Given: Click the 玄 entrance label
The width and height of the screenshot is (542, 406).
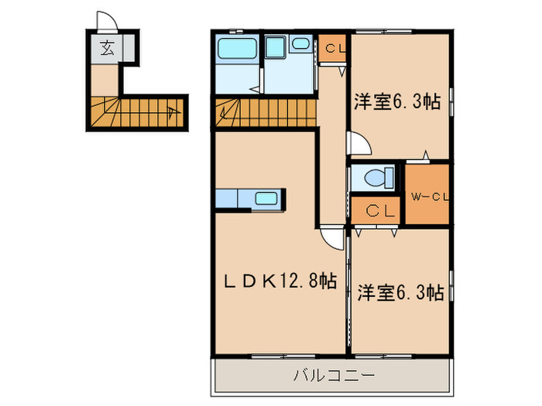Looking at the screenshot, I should tap(105, 51).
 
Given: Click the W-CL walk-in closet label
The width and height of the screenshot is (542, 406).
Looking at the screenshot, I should tap(429, 196).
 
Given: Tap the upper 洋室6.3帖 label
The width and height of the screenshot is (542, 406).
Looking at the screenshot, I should tap(398, 102).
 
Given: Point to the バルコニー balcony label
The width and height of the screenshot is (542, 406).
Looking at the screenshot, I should tap(333, 377).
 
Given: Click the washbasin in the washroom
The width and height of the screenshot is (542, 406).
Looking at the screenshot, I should tap(301, 45).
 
